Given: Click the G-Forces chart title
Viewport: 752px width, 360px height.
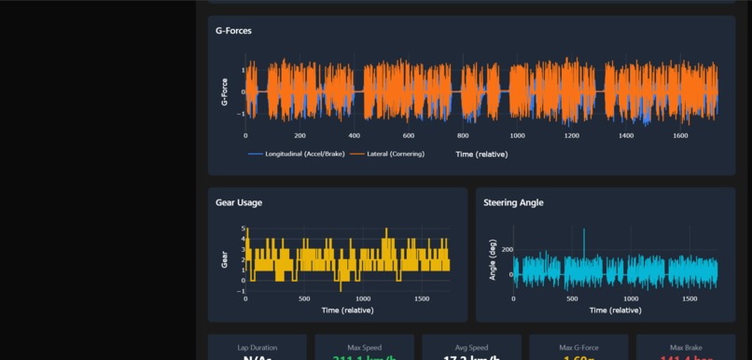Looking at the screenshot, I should [x=233, y=31].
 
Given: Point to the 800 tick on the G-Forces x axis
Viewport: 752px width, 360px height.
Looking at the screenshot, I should [x=463, y=135].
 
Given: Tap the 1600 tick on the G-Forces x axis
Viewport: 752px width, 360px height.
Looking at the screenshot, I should [x=680, y=135].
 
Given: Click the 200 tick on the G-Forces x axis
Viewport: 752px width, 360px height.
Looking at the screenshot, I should [x=299, y=135].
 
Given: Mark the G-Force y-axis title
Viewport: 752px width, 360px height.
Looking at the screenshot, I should [x=225, y=91].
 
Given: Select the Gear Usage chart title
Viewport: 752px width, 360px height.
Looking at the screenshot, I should [x=239, y=202].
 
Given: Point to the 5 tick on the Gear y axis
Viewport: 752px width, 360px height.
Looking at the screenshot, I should [x=243, y=228].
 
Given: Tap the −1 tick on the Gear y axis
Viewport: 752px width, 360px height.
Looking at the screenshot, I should [x=242, y=291].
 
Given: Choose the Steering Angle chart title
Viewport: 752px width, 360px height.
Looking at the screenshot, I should [x=513, y=202].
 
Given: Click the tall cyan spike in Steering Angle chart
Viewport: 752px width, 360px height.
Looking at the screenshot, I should [x=584, y=233].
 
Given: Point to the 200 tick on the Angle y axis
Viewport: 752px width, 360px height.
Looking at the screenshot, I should [x=507, y=250].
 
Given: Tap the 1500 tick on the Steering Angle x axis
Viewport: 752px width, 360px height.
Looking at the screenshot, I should [x=689, y=298].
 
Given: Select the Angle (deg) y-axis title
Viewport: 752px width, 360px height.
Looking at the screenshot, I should [x=493, y=260].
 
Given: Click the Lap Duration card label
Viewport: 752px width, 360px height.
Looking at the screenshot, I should [x=257, y=348].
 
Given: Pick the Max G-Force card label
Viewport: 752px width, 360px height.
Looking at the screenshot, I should [x=579, y=348].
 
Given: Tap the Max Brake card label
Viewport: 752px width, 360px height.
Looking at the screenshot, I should [x=686, y=348].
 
